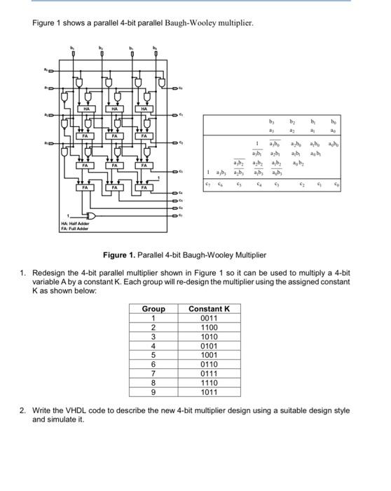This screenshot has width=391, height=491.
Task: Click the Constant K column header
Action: (209, 309)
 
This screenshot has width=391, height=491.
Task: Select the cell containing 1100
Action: (209, 327)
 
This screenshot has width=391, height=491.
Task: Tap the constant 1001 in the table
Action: (209, 355)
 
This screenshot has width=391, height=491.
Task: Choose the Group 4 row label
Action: (153, 346)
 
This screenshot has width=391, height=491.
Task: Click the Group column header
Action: (153, 309)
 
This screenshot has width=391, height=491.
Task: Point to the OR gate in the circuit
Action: (90, 216)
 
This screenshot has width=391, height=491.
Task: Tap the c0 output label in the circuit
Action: (181, 88)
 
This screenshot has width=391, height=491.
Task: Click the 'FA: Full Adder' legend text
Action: (74, 229)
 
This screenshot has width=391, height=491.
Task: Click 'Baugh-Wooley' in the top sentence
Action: (188, 23)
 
